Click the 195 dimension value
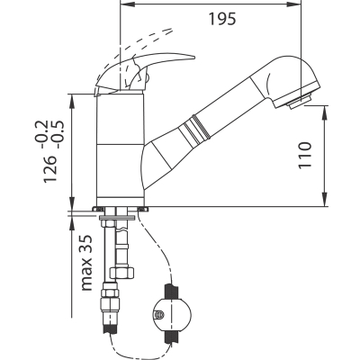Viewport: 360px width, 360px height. click(x=222, y=19)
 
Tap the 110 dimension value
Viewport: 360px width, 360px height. click(x=305, y=155)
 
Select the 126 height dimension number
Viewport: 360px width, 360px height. click(x=49, y=168)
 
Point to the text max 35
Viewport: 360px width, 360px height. click(x=85, y=263)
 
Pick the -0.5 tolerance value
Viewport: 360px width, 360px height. click(x=57, y=134)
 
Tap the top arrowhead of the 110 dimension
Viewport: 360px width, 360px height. click(x=325, y=112)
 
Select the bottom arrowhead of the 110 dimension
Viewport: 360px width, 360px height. click(x=325, y=199)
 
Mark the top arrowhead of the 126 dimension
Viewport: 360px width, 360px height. click(x=72, y=102)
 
